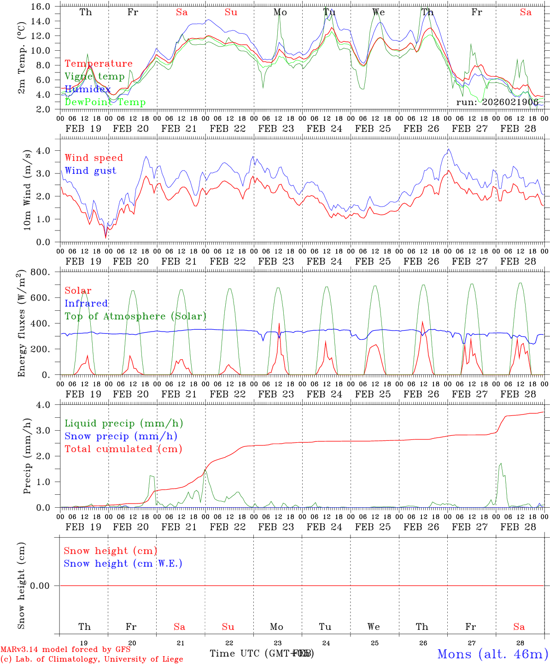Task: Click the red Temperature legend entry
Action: [x=99, y=64]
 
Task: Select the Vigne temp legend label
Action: [x=94, y=77]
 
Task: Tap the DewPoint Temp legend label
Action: [x=105, y=102]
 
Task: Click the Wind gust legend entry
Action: [x=90, y=171]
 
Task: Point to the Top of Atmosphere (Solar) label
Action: [x=135, y=316]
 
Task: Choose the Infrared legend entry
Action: [x=86, y=303]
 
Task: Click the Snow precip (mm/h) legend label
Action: [x=121, y=436]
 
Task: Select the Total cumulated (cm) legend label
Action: [x=123, y=449]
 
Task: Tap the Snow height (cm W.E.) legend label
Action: [x=123, y=563]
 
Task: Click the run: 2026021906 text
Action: [x=497, y=102]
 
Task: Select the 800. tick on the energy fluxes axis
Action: [x=41, y=272]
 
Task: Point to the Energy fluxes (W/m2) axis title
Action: [x=21, y=324]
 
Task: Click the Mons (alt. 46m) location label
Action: [x=492, y=654]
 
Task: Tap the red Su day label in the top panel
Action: [x=231, y=12]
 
